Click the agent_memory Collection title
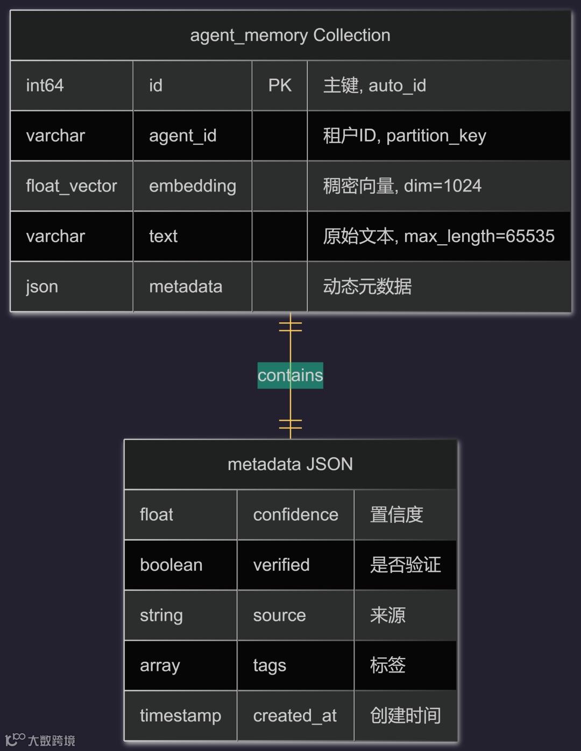[290, 36]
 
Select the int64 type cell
[45, 86]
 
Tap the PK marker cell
[280, 86]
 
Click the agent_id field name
[183, 136]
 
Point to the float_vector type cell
[72, 186]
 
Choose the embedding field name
[193, 186]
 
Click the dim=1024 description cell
[402, 186]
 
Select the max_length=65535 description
[438, 236]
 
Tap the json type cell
[42, 287]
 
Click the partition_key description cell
[405, 136]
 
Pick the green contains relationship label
[290, 375]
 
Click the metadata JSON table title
[290, 464]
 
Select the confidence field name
[295, 515]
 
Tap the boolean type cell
[171, 565]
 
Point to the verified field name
[281, 565]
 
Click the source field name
[279, 615]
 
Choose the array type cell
[160, 665]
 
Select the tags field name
[270, 665]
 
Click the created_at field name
[295, 716]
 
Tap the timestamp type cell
[180, 716]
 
